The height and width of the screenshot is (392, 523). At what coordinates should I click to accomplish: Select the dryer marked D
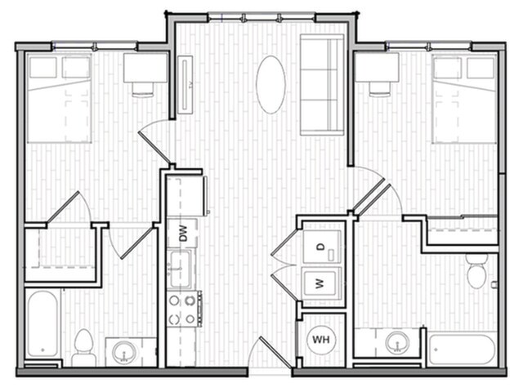click(320, 247)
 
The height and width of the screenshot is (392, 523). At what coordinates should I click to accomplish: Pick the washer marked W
click(320, 284)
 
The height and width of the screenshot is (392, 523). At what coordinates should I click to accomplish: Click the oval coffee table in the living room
click(270, 84)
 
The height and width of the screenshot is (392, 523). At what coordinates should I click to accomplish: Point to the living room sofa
click(322, 84)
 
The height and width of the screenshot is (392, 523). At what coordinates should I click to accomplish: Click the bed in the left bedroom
click(59, 98)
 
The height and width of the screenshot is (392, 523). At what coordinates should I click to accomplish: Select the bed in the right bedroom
click(464, 98)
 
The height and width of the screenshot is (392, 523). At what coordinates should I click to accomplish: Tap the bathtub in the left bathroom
click(42, 325)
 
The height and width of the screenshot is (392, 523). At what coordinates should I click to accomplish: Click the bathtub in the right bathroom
click(461, 350)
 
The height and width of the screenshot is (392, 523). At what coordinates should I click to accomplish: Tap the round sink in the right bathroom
click(397, 341)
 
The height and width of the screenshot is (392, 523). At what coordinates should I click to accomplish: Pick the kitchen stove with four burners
click(184, 309)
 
